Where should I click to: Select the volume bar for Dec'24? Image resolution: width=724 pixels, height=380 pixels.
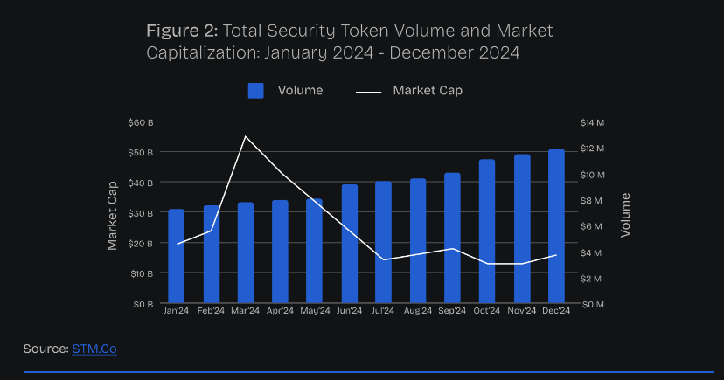[x=556, y=227]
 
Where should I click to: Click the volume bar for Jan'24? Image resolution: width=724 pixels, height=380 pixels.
[x=177, y=257]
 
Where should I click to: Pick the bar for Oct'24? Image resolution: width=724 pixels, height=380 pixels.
[x=487, y=232]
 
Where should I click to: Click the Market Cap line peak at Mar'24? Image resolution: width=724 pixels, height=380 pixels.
[x=246, y=136]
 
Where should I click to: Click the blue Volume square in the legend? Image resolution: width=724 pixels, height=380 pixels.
[x=256, y=91]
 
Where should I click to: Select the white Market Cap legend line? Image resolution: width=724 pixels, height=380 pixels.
[x=370, y=91]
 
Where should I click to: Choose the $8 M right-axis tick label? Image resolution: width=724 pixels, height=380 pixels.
[x=593, y=200]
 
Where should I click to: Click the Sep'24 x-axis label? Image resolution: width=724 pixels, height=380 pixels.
[x=452, y=311]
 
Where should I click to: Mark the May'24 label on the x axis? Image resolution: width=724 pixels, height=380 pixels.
[x=315, y=311]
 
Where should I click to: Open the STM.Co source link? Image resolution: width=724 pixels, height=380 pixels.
[x=94, y=349]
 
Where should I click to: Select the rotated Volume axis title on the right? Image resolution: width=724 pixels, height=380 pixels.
[x=624, y=215]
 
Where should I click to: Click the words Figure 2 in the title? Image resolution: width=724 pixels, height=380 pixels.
[x=181, y=31]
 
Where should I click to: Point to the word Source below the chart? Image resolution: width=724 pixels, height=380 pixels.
[x=45, y=349]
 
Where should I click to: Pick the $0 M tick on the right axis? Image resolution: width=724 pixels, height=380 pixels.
[x=593, y=304]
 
